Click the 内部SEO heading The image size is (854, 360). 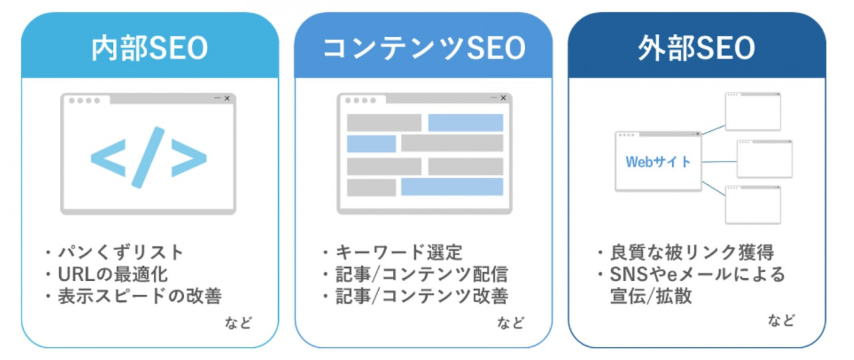point(150,48)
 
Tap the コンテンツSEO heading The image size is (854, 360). point(424,48)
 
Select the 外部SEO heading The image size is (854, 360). point(697,48)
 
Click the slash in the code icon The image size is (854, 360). point(148,157)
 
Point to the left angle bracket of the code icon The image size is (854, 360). point(109,158)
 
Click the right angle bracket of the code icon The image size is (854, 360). point(189,158)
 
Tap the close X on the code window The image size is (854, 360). point(227,98)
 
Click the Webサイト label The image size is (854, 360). point(658,162)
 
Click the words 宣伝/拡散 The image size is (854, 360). point(651,296)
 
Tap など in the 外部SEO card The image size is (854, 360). point(781,320)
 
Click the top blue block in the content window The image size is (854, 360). point(465,123)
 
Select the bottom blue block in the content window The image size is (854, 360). point(452,187)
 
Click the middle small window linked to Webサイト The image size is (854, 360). point(764,159)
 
